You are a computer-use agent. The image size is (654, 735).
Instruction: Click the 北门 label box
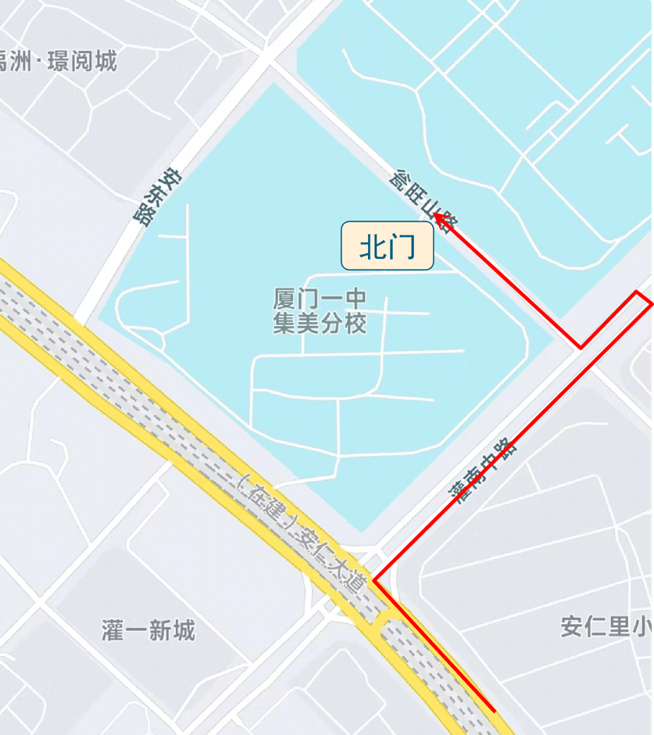tap(387, 246)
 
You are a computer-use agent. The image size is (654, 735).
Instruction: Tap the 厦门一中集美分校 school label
tap(320, 311)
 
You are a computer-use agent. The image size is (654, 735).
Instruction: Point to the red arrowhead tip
tap(435, 214)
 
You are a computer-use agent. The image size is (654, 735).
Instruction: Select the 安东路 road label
tap(155, 199)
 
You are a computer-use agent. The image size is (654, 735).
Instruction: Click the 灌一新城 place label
tap(148, 629)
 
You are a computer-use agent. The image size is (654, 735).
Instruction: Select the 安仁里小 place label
tap(606, 626)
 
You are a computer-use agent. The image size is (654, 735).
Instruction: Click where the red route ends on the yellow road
tap(494, 711)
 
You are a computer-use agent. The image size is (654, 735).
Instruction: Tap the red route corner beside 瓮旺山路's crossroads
tap(581, 347)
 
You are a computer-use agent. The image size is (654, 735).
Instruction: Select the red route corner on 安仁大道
tap(374, 581)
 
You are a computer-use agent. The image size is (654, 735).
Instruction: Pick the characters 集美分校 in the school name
tap(320, 324)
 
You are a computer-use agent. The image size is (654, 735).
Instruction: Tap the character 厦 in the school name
tap(283, 299)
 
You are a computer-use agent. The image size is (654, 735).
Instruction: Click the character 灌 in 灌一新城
tap(113, 629)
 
